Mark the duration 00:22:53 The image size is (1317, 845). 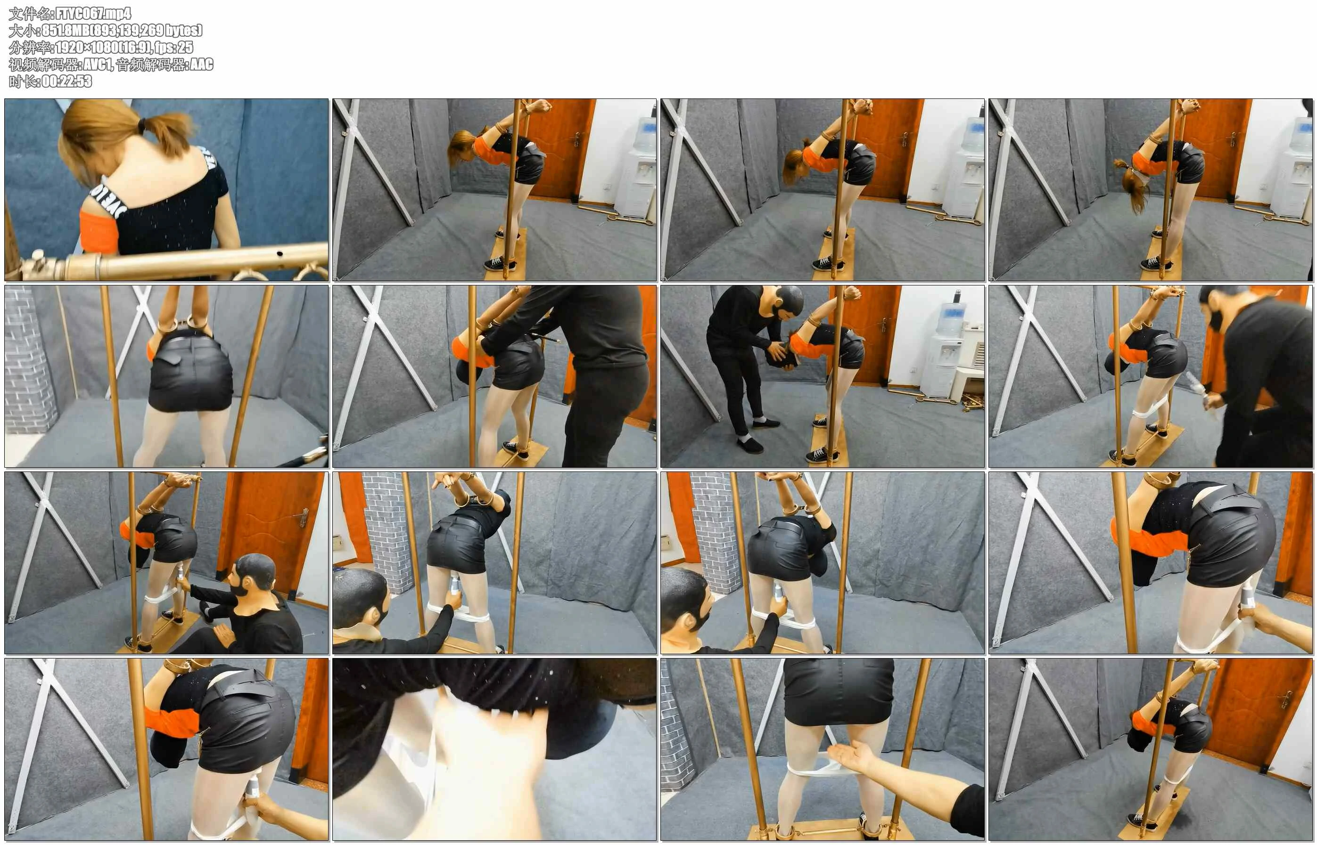click(x=67, y=81)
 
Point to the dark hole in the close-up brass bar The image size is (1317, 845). click(x=280, y=254)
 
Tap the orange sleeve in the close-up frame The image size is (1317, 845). click(x=99, y=231)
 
